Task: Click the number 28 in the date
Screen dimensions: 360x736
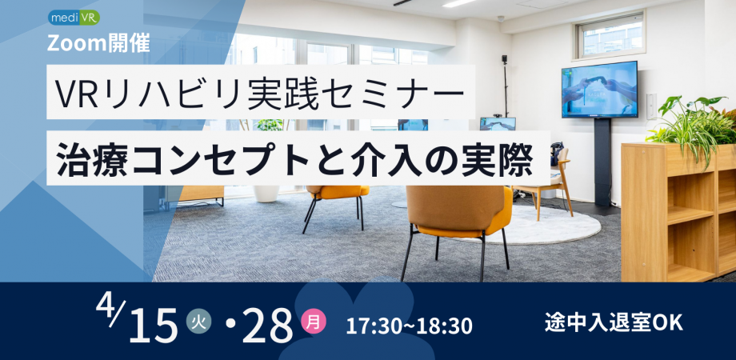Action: click(270, 326)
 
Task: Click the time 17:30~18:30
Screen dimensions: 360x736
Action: click(409, 326)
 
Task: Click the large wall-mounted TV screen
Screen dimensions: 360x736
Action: click(598, 89)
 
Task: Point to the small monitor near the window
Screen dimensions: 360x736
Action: click(497, 124)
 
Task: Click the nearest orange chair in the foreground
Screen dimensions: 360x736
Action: click(458, 216)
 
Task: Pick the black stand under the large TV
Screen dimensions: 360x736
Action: click(601, 164)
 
